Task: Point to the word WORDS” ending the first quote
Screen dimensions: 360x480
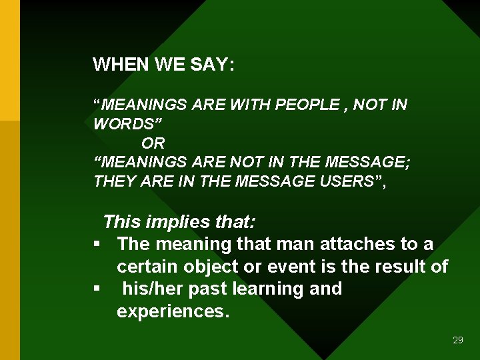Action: pos(127,124)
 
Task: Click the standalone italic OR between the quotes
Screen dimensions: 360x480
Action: pos(153,143)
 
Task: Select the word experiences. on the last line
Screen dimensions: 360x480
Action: pos(173,312)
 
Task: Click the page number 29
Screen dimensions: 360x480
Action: pos(457,340)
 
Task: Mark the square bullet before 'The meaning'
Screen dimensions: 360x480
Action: pos(97,245)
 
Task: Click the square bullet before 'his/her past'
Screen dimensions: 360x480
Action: pos(97,289)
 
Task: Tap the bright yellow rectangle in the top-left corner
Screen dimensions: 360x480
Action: pos(10,60)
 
